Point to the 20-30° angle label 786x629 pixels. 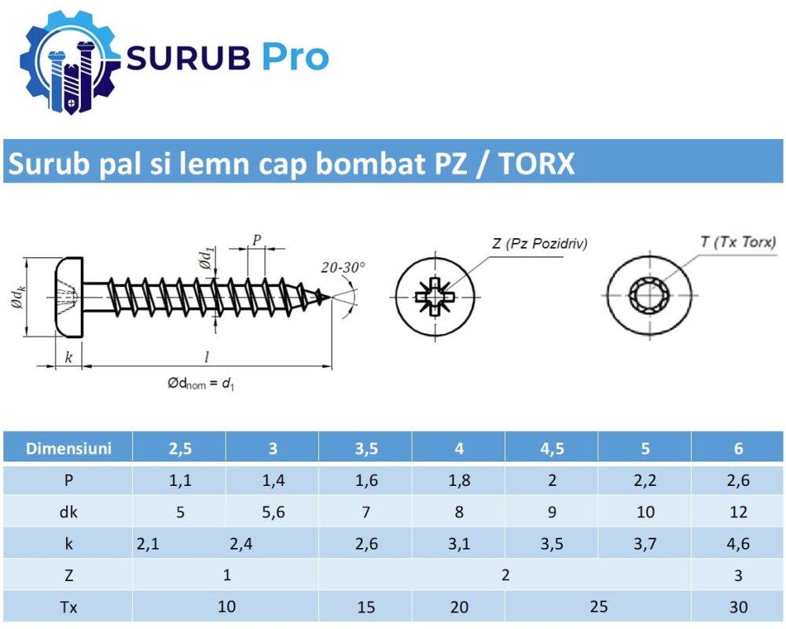[343, 267]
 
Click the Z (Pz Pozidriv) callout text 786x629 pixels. [540, 243]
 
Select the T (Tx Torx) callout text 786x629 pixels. [738, 242]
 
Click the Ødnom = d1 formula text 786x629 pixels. [201, 384]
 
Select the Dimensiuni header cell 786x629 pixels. [68, 449]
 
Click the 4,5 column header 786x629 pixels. [552, 449]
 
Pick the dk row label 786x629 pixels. [68, 513]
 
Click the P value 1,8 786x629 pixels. [459, 481]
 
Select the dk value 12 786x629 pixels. [738, 513]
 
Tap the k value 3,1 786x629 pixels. [459, 544]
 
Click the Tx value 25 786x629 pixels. [598, 606]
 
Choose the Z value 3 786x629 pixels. [738, 576]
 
